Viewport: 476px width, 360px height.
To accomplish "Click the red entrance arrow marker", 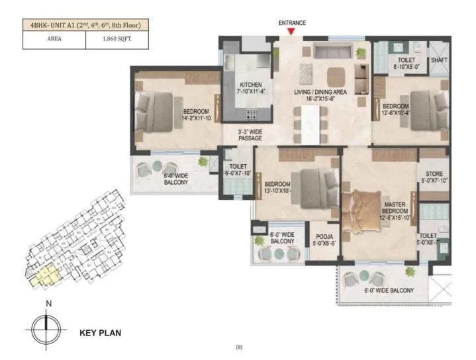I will [291, 31].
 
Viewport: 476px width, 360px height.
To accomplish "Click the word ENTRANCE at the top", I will [291, 22].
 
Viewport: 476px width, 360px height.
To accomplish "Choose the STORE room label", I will [434, 177].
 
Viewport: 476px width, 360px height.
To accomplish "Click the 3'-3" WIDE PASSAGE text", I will [251, 135].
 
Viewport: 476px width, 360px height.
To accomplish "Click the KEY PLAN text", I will [100, 333].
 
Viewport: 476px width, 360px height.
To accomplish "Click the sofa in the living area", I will [329, 52].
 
